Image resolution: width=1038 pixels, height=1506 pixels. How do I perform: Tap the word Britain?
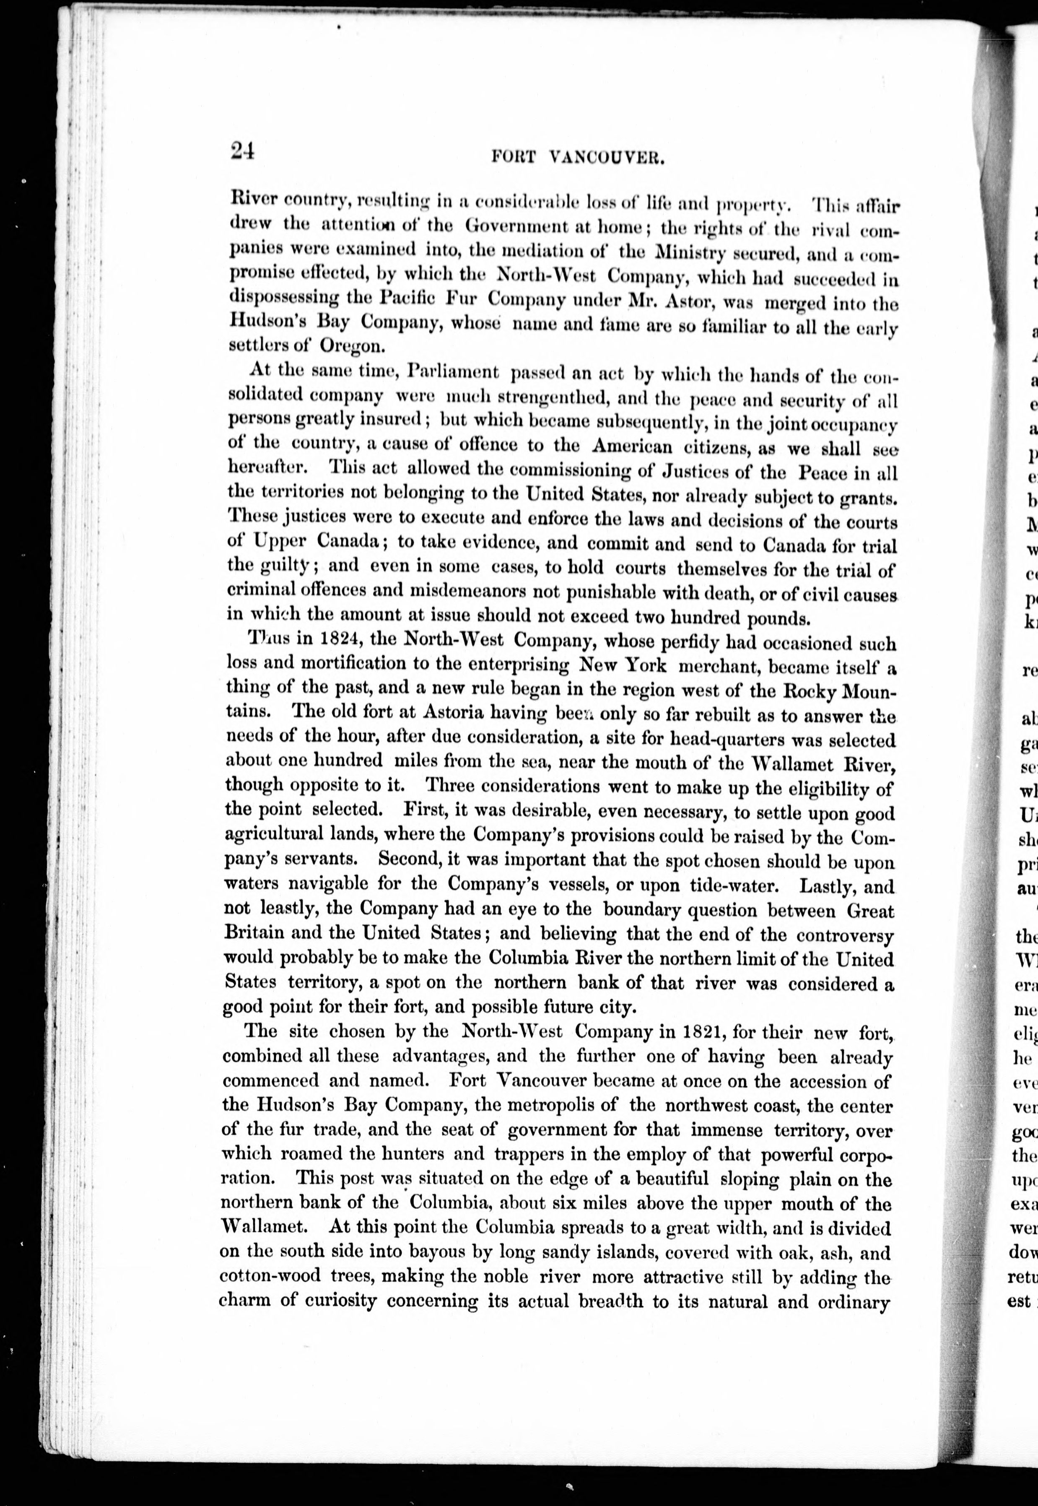tap(254, 932)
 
